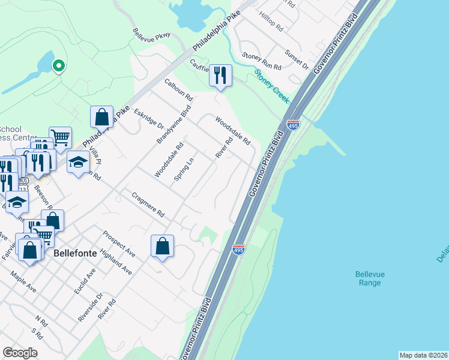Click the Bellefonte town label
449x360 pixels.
pyautogui.click(x=75, y=253)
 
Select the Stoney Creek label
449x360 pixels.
pyautogui.click(x=272, y=85)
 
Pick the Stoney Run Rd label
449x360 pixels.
pyautogui.click(x=262, y=60)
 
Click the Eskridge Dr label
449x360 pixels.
pyautogui.click(x=149, y=118)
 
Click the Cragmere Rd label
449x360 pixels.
pyautogui.click(x=148, y=204)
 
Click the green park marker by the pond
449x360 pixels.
pyautogui.click(x=58, y=65)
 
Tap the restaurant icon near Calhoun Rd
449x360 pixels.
pyautogui.click(x=220, y=75)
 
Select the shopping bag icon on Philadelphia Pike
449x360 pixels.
pyautogui.click(x=101, y=116)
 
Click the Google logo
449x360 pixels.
pyautogui.click(x=20, y=353)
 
